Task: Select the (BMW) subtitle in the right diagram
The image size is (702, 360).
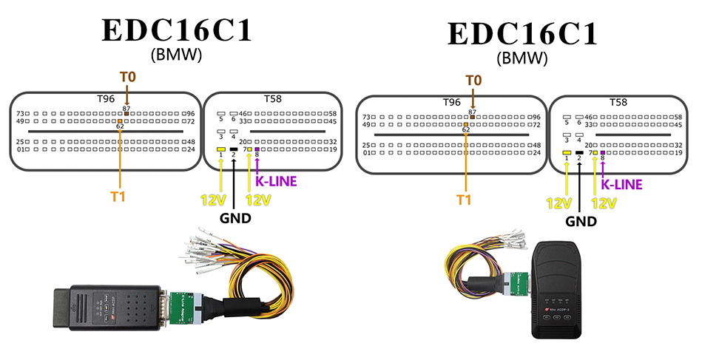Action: click(523, 57)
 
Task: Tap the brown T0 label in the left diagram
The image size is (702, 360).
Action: click(127, 77)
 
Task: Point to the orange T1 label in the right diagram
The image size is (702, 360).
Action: click(464, 199)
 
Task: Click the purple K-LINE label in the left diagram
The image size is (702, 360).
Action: click(275, 180)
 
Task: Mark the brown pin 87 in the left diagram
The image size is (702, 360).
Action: click(127, 114)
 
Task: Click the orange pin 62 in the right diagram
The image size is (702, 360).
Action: click(466, 124)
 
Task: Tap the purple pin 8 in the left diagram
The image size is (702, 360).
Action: click(257, 150)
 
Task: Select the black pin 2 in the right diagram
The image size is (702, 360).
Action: click(579, 152)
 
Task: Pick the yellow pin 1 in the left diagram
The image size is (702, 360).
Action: click(220, 150)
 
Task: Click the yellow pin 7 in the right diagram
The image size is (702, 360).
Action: click(595, 152)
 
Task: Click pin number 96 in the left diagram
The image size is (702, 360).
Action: click(191, 114)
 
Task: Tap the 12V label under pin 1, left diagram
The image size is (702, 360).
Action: click(212, 200)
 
